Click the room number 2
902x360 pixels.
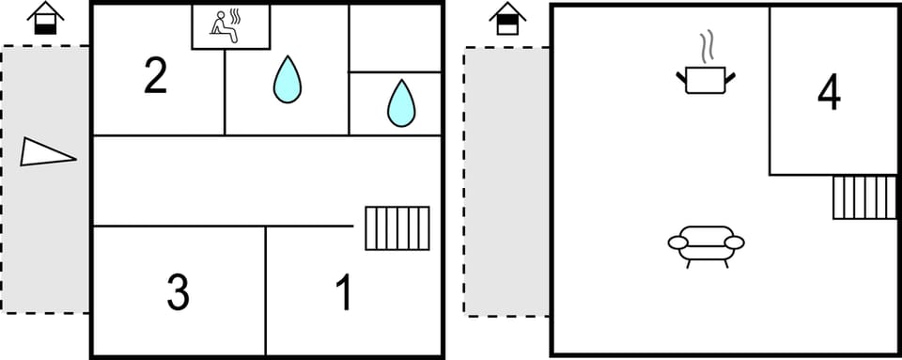(156, 76)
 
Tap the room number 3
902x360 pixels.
(178, 292)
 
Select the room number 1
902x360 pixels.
(345, 292)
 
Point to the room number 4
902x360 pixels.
(829, 92)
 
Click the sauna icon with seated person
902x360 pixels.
(230, 26)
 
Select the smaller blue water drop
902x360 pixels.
(401, 102)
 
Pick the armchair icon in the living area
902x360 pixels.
(706, 243)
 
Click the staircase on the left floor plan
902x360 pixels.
(397, 227)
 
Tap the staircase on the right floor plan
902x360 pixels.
(864, 196)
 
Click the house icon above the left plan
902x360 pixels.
(45, 18)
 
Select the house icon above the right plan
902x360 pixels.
(507, 18)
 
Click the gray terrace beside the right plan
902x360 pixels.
(506, 181)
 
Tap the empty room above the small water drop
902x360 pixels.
(396, 38)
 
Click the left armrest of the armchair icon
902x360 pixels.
(678, 243)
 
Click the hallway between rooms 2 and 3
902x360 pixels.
(225, 180)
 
